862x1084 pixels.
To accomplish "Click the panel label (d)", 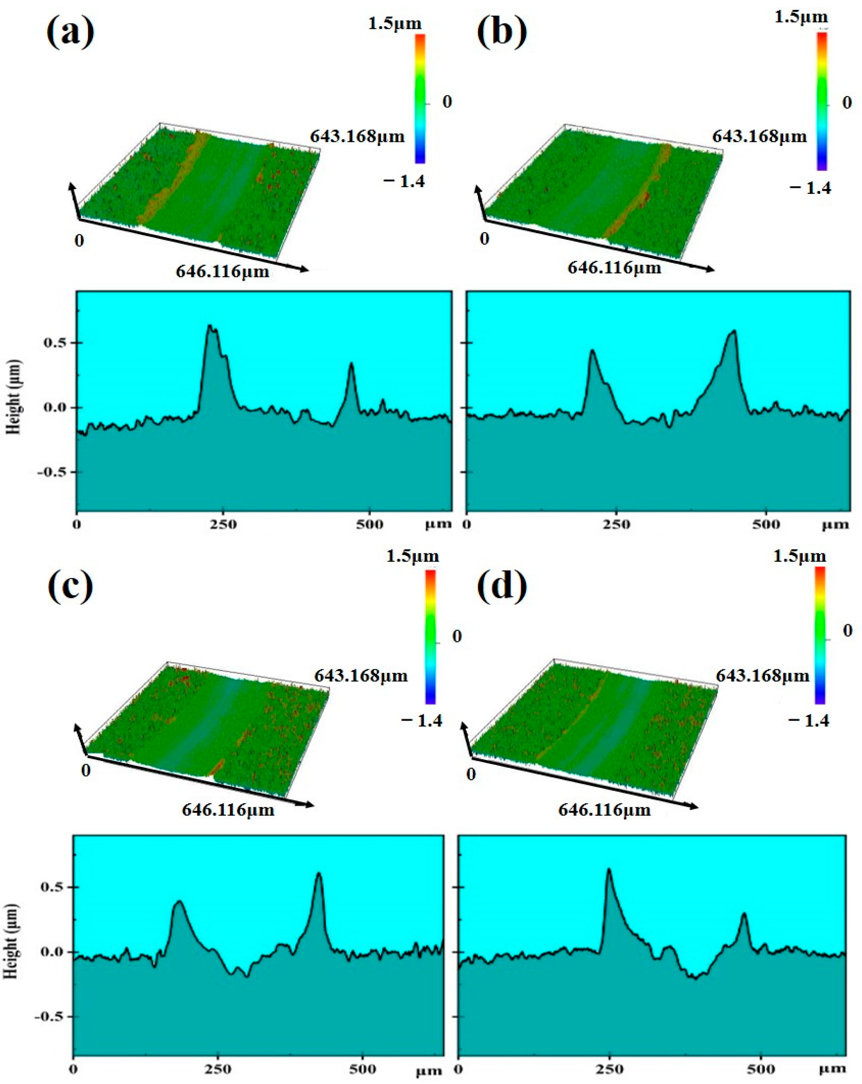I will [502, 586].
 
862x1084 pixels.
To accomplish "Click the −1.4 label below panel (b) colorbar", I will [810, 188].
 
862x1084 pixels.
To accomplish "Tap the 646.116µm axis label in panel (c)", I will [228, 810].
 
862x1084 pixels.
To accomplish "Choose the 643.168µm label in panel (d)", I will [762, 675].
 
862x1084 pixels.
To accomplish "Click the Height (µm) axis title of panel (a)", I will [15, 397].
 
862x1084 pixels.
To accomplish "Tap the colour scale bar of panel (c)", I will [430, 636].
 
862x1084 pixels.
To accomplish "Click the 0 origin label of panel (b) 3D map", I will [484, 238].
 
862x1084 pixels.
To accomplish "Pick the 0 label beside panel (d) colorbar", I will [847, 631].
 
